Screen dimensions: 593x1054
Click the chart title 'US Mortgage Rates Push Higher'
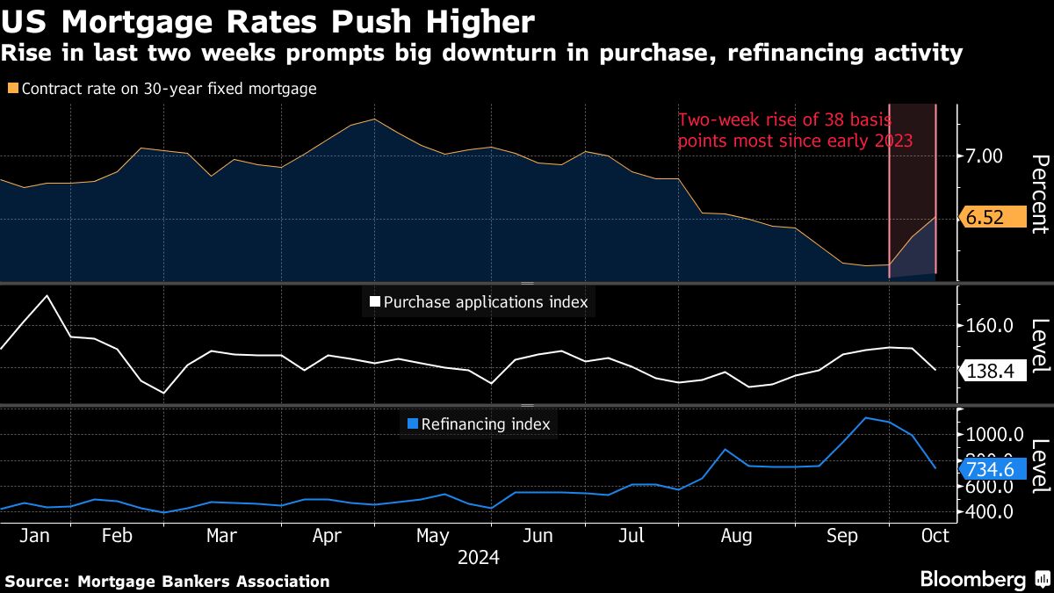coord(268,21)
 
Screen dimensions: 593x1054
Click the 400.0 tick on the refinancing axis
coord(989,511)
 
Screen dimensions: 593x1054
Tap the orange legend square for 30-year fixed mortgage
coord(12,89)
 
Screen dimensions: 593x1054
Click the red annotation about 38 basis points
coord(795,130)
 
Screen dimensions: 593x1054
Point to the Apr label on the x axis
coord(327,535)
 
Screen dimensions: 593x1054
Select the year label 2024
coord(478,558)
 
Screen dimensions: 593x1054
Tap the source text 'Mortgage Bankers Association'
coord(203,581)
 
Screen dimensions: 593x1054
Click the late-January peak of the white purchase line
coord(47,295)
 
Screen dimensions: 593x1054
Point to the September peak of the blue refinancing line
coord(866,417)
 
